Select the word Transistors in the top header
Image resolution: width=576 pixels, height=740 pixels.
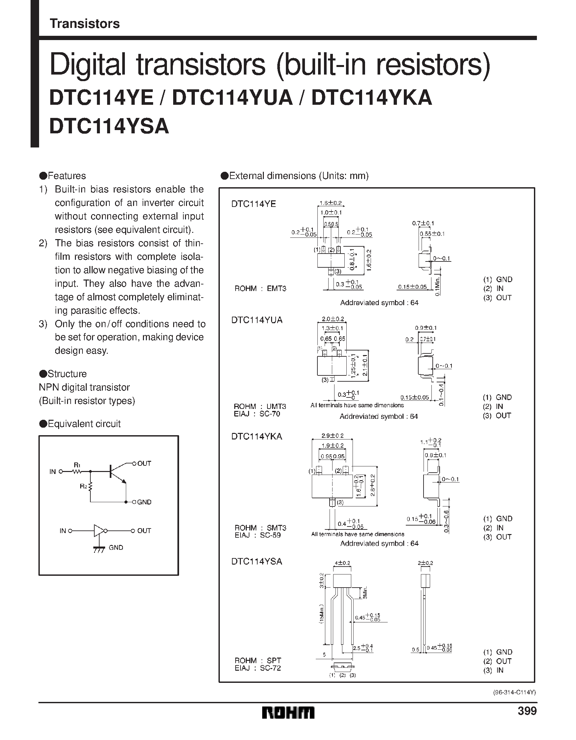pyautogui.click(x=84, y=24)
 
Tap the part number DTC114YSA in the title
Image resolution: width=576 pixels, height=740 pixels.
pyautogui.click(x=109, y=127)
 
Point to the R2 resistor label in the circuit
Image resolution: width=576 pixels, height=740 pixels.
pyautogui.click(x=83, y=486)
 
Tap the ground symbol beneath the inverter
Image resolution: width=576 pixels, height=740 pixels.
pyautogui.click(x=99, y=549)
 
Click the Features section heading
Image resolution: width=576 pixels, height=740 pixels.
pyautogui.click(x=67, y=176)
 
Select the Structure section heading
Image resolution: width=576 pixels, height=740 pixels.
pyautogui.click(x=67, y=374)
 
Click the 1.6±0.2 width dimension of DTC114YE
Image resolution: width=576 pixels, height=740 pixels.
pyautogui.click(x=330, y=203)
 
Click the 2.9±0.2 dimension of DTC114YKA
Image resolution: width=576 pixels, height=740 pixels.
pyautogui.click(x=332, y=436)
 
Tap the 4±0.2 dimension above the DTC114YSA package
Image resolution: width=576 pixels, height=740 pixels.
pyautogui.click(x=342, y=563)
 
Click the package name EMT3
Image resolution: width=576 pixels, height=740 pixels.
pyautogui.click(x=277, y=289)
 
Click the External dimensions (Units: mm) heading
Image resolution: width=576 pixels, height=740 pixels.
pyautogui.click(x=299, y=176)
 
